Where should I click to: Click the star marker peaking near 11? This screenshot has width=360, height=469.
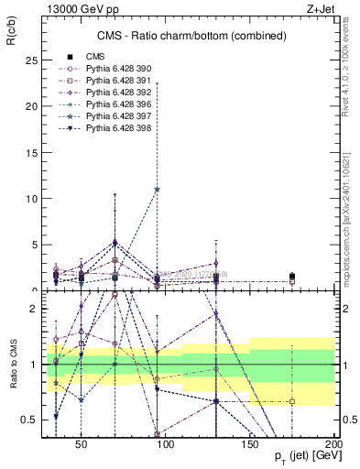tap(158, 190)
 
